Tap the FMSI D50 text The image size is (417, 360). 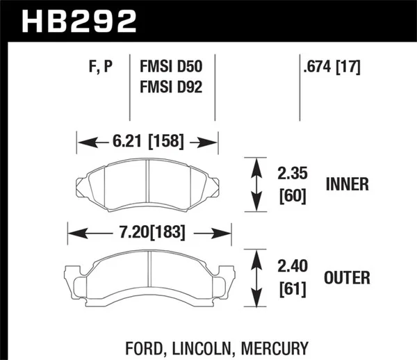click(x=171, y=67)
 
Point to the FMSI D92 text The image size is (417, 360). click(x=171, y=89)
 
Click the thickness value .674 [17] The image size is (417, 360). click(x=331, y=67)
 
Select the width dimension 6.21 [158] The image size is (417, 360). click(x=147, y=142)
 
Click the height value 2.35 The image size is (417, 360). click(x=291, y=172)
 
